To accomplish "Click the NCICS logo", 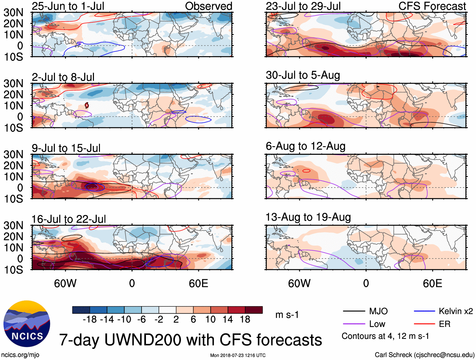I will click(x=26, y=324).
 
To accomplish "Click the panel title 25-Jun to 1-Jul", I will click(x=68, y=6).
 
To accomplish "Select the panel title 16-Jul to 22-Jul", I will click(x=68, y=219).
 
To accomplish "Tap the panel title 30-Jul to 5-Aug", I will click(x=303, y=75).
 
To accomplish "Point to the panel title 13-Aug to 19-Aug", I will click(x=308, y=217).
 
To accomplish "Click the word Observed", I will click(x=208, y=6).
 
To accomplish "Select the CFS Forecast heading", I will click(x=432, y=6).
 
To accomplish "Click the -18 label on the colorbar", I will click(x=90, y=320).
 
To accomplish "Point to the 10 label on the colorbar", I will click(x=210, y=320).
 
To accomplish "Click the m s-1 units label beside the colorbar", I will click(x=287, y=315).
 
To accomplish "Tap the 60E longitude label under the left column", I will click(x=198, y=283).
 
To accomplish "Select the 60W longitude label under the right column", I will click(x=299, y=283).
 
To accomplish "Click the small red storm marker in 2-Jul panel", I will click(x=87, y=105).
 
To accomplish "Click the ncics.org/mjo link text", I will click(x=20, y=355).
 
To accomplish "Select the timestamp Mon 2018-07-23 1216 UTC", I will click(x=238, y=355).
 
